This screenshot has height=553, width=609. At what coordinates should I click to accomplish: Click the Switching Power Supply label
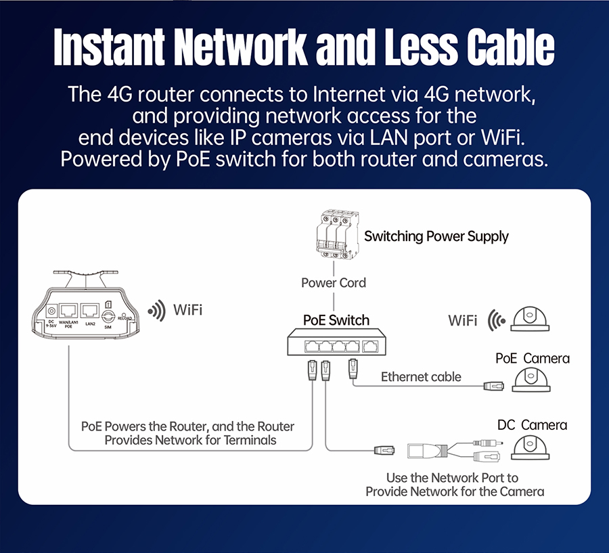click(x=436, y=236)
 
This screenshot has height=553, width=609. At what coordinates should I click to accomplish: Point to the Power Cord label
click(x=334, y=282)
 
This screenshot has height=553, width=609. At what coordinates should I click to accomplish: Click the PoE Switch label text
click(x=336, y=320)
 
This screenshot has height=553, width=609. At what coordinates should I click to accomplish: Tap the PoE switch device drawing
click(x=334, y=346)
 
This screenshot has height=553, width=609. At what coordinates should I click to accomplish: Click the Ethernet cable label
click(x=421, y=377)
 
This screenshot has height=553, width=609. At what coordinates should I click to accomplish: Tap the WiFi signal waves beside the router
click(x=157, y=311)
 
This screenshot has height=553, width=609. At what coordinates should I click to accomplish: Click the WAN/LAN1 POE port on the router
click(x=68, y=312)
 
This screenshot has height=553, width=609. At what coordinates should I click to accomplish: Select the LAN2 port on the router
click(x=89, y=311)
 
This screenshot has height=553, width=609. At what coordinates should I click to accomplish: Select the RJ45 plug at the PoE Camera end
click(x=493, y=386)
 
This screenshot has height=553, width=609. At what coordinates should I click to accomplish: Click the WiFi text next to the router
click(x=187, y=311)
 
